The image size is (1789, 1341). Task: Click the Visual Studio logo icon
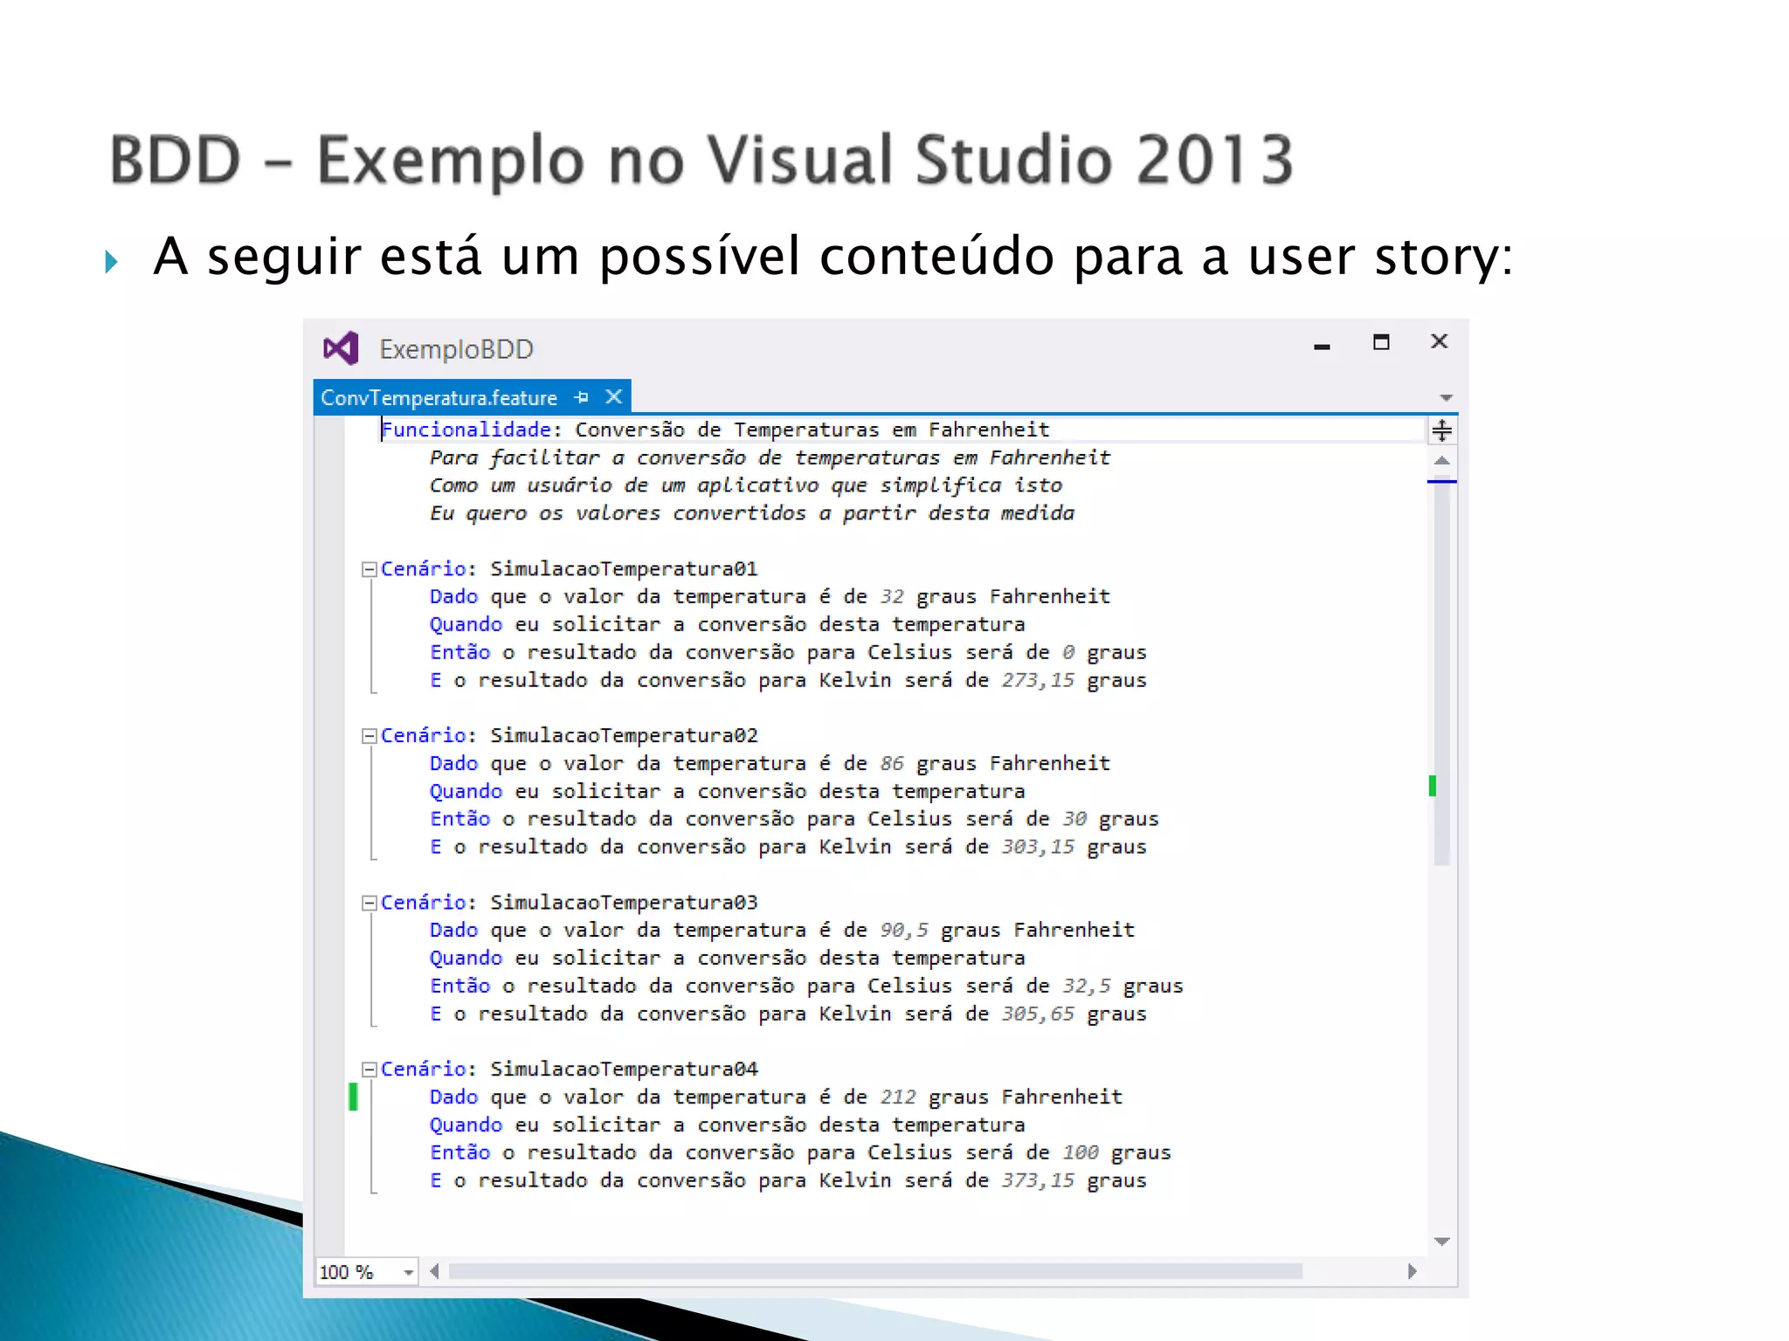click(x=341, y=348)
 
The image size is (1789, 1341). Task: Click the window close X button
click(x=1439, y=341)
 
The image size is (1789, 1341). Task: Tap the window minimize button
click(x=1322, y=347)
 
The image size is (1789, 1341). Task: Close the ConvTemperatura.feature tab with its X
click(x=614, y=397)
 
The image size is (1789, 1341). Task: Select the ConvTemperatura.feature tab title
click(x=439, y=398)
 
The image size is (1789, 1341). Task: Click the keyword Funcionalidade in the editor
click(x=466, y=430)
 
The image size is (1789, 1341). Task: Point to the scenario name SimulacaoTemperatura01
click(x=623, y=569)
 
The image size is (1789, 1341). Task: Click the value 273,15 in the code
click(x=1037, y=680)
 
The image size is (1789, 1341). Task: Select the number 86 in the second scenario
click(x=891, y=764)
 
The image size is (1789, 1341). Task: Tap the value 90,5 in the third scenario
click(x=903, y=931)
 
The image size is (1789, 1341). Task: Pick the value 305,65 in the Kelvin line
click(x=1037, y=1014)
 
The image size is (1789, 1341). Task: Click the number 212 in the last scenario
click(x=897, y=1097)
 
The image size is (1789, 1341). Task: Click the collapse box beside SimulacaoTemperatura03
click(x=370, y=903)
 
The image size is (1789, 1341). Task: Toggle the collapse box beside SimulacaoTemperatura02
click(x=370, y=736)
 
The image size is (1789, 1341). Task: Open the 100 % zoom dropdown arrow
click(x=408, y=1272)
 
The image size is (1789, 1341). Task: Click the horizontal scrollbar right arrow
click(x=1412, y=1271)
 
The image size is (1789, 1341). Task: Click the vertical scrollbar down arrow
click(x=1441, y=1241)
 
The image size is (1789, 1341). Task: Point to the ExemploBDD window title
click(x=456, y=349)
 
